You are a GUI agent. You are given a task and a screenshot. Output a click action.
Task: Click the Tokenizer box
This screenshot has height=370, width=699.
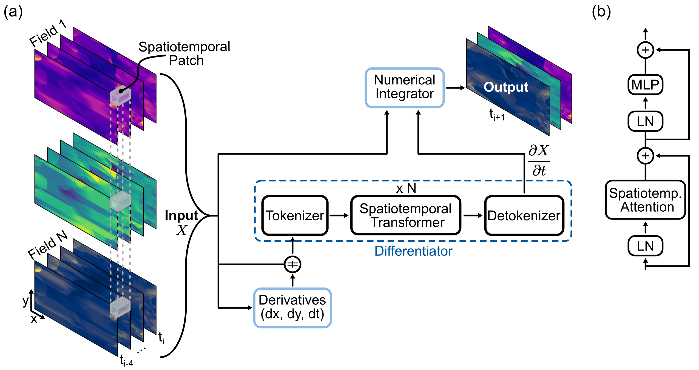pos(295,215)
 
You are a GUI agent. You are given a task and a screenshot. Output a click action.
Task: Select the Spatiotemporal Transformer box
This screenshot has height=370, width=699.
pos(406,215)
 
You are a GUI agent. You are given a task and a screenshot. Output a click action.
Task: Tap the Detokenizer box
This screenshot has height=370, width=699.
pos(524,215)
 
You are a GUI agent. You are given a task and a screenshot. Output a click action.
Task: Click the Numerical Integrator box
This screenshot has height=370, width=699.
pos(404,87)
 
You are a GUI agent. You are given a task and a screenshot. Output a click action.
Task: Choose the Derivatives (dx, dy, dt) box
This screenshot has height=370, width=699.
pos(292,308)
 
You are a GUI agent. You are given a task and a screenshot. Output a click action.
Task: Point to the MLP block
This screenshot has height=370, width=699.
pos(645,84)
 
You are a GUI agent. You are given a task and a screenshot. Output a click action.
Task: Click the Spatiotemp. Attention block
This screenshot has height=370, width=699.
pos(645,200)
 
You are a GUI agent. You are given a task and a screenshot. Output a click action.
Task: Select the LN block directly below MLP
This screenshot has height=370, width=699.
pos(645,121)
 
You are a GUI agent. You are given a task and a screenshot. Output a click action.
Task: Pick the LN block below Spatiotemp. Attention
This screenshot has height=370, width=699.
pos(645,246)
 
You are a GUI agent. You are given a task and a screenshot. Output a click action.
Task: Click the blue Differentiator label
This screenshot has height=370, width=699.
pos(413,251)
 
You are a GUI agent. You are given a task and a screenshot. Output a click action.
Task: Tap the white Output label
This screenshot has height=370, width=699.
pos(506,87)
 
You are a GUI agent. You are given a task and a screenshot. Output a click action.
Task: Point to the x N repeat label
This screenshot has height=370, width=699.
pos(406,188)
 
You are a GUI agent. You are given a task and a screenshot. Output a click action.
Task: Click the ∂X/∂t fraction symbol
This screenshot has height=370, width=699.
pos(539,161)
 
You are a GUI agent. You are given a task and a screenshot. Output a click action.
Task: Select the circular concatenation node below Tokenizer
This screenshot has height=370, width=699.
pos(292,264)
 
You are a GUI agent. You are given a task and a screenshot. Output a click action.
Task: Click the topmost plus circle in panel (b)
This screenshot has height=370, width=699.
pos(645,50)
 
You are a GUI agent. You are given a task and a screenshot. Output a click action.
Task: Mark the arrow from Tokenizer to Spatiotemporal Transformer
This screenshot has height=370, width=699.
pos(339,216)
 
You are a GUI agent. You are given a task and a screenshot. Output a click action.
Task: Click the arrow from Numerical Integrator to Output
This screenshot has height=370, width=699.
pos(455,88)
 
